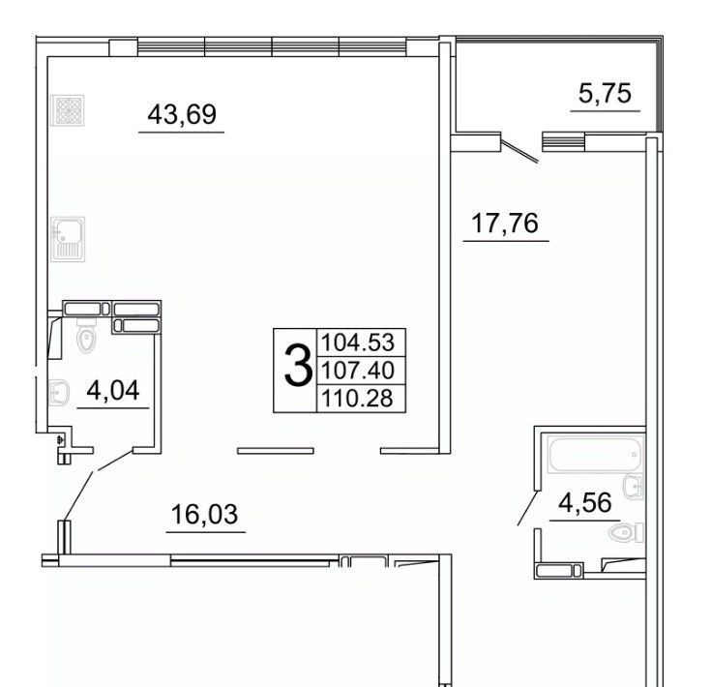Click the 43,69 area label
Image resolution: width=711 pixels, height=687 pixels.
(x=182, y=114)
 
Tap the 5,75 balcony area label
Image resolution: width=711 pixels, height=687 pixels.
(x=605, y=94)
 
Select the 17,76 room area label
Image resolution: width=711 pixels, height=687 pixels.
(x=505, y=224)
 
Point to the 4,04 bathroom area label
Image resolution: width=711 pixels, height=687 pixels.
(x=113, y=390)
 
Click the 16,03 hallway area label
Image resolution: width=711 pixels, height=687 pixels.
(x=204, y=514)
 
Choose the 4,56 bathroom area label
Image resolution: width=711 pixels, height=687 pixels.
(x=585, y=502)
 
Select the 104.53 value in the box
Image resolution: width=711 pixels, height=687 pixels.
(x=358, y=343)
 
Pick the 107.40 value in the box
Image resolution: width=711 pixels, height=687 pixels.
(x=358, y=371)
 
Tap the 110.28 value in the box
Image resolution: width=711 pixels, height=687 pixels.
(x=357, y=399)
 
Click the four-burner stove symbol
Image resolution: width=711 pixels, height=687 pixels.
(x=68, y=110)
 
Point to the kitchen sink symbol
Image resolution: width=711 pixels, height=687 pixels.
(x=68, y=239)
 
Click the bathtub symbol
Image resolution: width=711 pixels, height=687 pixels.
(x=595, y=454)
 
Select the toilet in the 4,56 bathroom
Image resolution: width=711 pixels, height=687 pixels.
(x=626, y=532)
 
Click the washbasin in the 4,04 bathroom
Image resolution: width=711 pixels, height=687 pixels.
(x=59, y=393)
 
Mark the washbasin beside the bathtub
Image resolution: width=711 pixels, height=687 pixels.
(x=634, y=487)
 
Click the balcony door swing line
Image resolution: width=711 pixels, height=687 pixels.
(x=520, y=150)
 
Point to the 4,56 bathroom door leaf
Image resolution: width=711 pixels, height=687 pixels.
(x=529, y=508)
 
